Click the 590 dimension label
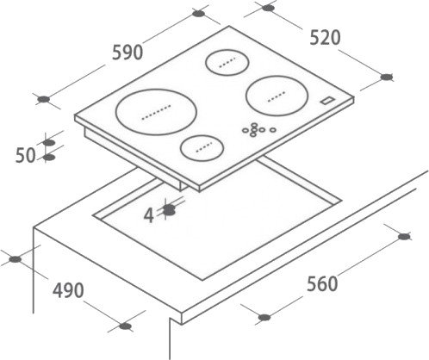pyautogui.click(x=127, y=53)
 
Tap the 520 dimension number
pyautogui.click(x=325, y=38)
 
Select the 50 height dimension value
pyautogui.click(x=25, y=155)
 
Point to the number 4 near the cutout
pyautogui.click(x=149, y=215)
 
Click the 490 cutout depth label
pyautogui.click(x=68, y=290)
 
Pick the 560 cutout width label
pyautogui.click(x=322, y=284)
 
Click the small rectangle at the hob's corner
pyautogui.click(x=327, y=100)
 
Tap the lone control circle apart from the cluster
pyautogui.click(x=273, y=130)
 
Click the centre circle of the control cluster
pyautogui.click(x=254, y=129)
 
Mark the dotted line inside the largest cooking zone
pyautogui.click(x=157, y=112)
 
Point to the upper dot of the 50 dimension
pyautogui.click(x=49, y=142)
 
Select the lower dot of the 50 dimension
pyautogui.click(x=49, y=157)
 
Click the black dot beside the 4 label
pyautogui.click(x=169, y=210)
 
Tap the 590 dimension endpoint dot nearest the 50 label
pyautogui.click(x=44, y=99)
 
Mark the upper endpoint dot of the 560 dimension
pyautogui.click(x=404, y=237)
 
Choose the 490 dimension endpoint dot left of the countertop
pyautogui.click(x=15, y=259)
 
